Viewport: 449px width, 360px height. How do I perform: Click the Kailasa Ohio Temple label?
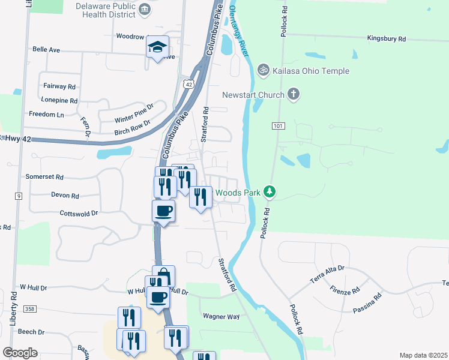310,71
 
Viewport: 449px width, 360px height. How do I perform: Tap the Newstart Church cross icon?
294,94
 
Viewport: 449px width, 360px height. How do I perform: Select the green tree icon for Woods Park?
271,192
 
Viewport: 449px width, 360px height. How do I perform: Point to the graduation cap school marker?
157,47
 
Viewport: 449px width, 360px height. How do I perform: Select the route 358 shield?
30,309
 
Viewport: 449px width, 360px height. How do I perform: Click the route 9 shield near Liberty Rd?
19,196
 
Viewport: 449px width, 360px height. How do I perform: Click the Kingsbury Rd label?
387,38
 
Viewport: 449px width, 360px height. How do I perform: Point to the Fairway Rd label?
59,86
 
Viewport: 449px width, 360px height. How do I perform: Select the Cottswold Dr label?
79,213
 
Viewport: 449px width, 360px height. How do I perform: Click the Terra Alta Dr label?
327,272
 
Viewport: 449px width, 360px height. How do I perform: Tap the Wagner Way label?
221,316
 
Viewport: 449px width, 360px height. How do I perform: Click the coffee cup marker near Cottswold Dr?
163,211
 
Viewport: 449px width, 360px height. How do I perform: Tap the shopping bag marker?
163,276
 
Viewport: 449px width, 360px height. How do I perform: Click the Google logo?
20,353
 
